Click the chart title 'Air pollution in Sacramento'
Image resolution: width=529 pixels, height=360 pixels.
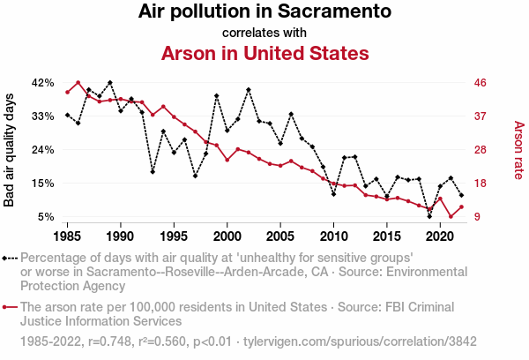264,12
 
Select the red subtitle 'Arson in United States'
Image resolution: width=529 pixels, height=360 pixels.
264,53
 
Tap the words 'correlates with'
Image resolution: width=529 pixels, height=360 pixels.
264,33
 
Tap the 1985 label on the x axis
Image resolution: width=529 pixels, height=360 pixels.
68,236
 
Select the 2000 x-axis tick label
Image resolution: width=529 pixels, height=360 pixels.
227,236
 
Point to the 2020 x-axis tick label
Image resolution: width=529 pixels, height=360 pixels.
440,236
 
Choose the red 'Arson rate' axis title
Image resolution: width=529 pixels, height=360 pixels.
518,150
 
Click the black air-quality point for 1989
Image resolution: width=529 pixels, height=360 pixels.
109,82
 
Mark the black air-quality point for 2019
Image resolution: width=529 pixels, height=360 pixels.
429,216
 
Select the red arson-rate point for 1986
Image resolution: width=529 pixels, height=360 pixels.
78,83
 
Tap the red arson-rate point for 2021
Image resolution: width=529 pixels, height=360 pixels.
451,216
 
